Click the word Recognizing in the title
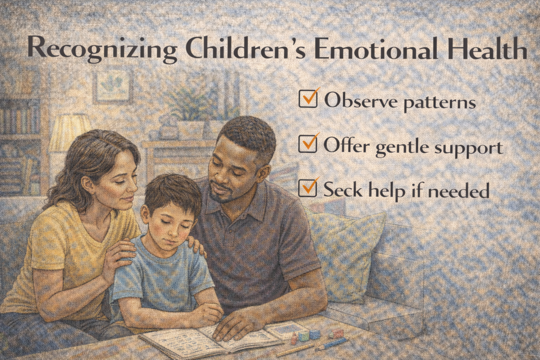pos(102,48)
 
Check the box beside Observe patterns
pos(308,99)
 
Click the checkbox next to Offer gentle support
pos(308,143)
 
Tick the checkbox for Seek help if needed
pos(307,188)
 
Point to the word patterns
pos(439,103)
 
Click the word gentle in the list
pos(402,148)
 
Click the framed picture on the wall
pos(113,86)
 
